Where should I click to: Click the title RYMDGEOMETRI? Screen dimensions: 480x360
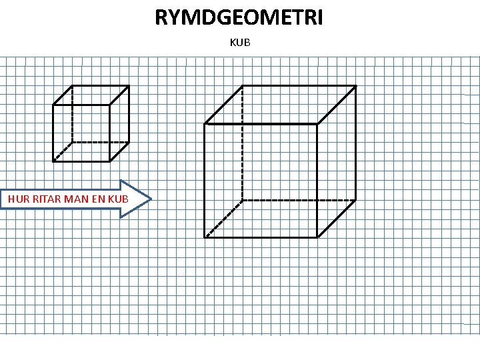239,17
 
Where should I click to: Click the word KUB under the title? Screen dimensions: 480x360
239,43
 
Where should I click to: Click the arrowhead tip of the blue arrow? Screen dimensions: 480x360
151,199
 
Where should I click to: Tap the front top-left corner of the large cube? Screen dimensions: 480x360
205,124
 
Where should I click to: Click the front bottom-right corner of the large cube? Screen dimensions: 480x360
317,237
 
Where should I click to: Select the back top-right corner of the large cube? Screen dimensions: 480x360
355,86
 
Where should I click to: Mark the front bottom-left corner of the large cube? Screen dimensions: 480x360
205,237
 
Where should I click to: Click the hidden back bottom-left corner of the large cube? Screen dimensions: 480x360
242,199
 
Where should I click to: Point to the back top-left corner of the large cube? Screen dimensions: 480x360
242,86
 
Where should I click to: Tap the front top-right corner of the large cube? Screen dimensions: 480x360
317,124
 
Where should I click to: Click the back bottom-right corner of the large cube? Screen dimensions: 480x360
355,199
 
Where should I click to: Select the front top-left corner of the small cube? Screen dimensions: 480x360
53,105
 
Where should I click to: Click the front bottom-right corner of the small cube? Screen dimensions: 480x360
110,161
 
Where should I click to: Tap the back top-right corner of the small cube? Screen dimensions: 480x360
129,86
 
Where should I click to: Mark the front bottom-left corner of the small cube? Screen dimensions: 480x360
53,161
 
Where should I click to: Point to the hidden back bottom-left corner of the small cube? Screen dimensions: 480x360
72,142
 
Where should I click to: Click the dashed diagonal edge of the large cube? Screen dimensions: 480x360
223,218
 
